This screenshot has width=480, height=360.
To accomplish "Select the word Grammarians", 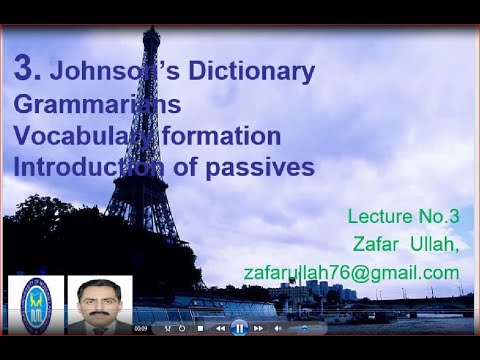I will point(98,103).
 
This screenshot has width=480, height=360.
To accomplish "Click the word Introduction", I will point(94,167).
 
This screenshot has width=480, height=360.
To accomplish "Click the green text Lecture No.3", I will point(403,216).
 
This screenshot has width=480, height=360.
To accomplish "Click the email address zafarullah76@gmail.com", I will point(351,272).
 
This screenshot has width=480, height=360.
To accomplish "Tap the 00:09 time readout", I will point(141,328).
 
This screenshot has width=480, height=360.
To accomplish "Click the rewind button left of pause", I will point(220,328).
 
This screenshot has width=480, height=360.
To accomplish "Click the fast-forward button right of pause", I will point(258,328).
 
